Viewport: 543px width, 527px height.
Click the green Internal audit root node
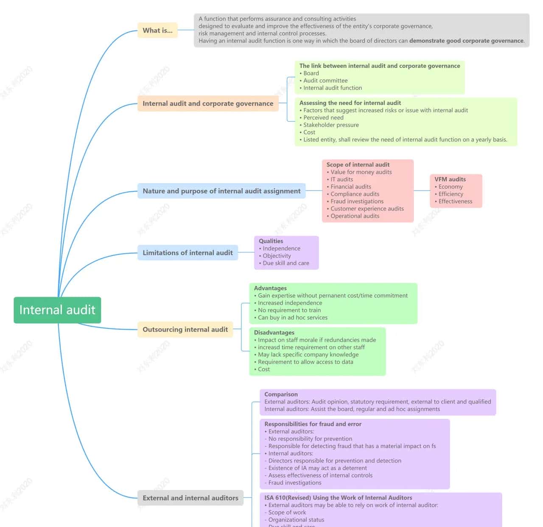coord(57,310)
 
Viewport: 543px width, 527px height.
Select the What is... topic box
coord(157,31)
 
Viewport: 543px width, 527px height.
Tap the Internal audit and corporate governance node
coord(208,104)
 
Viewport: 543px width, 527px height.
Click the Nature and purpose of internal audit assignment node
coord(221,191)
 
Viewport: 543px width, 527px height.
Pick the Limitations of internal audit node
coord(188,253)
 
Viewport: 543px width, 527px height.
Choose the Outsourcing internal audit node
coord(185,329)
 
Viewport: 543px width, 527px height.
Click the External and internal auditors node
coord(190,498)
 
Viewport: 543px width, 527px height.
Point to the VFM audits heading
coord(450,179)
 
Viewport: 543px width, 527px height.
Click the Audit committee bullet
coord(325,81)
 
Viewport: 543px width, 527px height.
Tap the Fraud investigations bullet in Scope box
coord(357,202)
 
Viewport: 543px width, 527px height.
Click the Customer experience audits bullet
coord(367,209)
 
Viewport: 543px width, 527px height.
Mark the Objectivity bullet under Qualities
coord(277,256)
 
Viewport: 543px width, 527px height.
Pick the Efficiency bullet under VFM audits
coord(451,194)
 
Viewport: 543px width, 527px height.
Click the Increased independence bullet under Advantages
coord(290,303)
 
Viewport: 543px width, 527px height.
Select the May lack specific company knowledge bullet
coord(308,355)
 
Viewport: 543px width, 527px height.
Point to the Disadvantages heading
coord(274,333)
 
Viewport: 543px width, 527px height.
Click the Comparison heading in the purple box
coord(281,395)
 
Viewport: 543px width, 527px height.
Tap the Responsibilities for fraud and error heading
coord(313,424)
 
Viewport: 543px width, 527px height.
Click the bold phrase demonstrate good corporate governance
coord(466,41)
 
